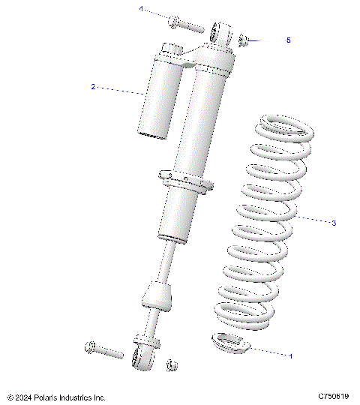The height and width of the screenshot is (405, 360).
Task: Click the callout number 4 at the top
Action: pos(139,9)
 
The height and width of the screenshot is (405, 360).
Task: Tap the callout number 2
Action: pos(93,87)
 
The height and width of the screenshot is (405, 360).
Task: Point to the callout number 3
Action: pos(334,223)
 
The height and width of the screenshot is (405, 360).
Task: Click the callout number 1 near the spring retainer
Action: pos(291,355)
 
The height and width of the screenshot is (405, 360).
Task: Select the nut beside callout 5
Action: pos(244,39)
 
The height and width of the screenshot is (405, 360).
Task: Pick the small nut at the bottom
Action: pos(171,364)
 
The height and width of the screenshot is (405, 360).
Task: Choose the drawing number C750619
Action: pos(334,395)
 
